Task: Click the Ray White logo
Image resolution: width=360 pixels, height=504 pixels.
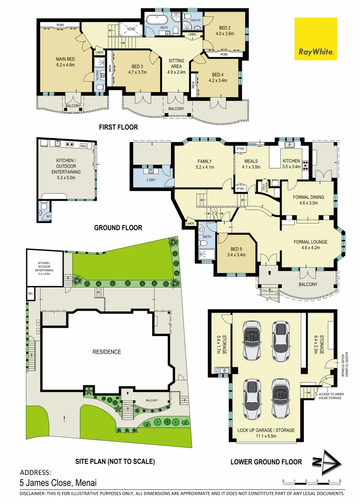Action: pyautogui.click(x=316, y=39)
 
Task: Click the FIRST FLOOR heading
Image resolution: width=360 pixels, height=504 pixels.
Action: pyautogui.click(x=118, y=127)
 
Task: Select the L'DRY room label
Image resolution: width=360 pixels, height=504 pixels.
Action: pyautogui.click(x=151, y=180)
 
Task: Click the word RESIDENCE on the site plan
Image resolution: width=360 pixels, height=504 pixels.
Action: pyautogui.click(x=106, y=352)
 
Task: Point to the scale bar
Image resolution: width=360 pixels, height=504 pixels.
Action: pyautogui.click(x=312, y=481)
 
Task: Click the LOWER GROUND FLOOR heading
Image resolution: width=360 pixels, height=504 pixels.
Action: pyautogui.click(x=266, y=462)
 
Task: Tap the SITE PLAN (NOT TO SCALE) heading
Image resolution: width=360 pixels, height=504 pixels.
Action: pyautogui.click(x=115, y=462)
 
